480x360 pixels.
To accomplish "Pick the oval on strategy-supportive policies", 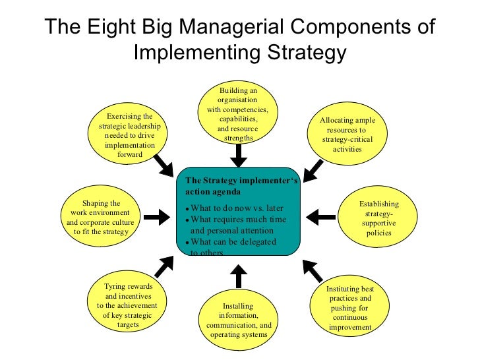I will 378,218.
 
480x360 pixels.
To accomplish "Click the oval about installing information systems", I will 239,320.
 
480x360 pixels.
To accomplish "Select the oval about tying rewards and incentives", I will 127,305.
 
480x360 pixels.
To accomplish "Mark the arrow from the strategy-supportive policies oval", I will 322,216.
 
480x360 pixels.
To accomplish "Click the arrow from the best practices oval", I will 313,270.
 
